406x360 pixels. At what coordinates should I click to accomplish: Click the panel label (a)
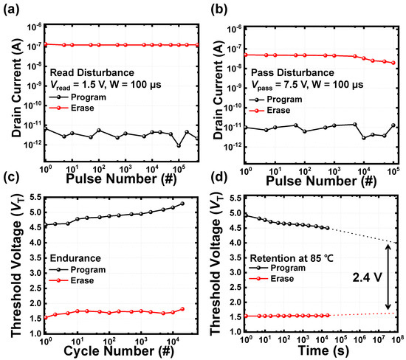(x=11, y=10)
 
